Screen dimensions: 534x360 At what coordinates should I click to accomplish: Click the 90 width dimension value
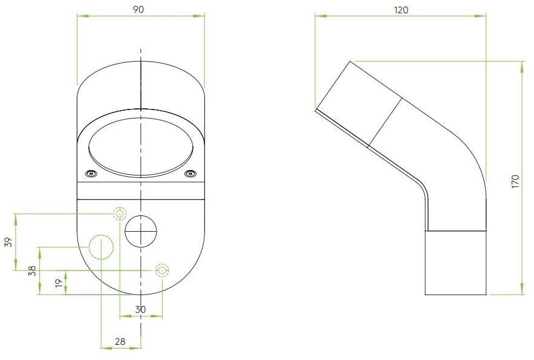click(x=138, y=10)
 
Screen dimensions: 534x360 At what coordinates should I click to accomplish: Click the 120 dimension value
click(x=401, y=10)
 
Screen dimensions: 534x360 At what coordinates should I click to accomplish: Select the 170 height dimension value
click(x=515, y=182)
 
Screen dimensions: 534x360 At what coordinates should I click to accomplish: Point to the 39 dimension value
click(x=8, y=242)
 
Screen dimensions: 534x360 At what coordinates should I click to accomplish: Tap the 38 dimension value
click(x=32, y=271)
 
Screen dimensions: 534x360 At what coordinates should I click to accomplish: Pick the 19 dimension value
click(x=59, y=283)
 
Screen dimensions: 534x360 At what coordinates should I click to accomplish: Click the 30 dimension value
click(x=140, y=310)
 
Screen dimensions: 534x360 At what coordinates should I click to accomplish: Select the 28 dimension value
click(x=120, y=341)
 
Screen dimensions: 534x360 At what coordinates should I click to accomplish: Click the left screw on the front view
click(x=91, y=174)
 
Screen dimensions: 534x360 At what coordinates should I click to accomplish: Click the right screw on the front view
click(x=190, y=174)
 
